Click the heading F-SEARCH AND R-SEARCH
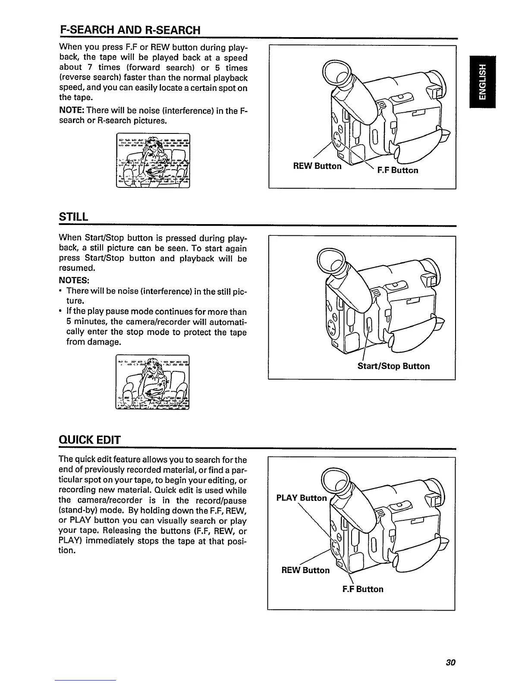[x=130, y=30]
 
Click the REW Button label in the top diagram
[x=317, y=166]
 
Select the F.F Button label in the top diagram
[x=397, y=170]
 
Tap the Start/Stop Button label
[x=393, y=366]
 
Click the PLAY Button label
[x=302, y=498]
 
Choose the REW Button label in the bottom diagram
[x=305, y=570]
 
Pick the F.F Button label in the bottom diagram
[x=363, y=589]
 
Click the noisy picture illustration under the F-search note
[x=153, y=161]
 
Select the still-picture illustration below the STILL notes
[x=153, y=382]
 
